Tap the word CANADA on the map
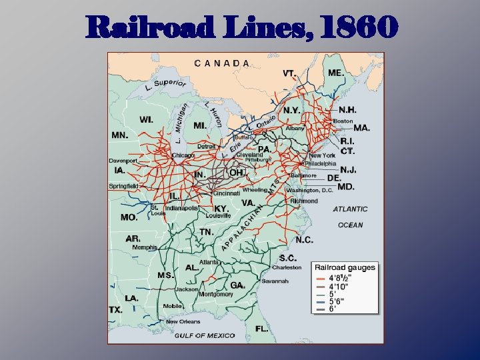[223, 63]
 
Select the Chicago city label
[183, 155]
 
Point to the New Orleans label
[183, 321]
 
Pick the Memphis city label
[145, 247]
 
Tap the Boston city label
[343, 121]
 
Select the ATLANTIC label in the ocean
[350, 209]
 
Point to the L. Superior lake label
[165, 84]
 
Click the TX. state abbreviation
[116, 310]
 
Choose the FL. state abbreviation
[261, 329]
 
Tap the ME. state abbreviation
[336, 73]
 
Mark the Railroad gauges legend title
[345, 267]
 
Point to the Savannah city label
[275, 281]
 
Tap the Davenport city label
[124, 161]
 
